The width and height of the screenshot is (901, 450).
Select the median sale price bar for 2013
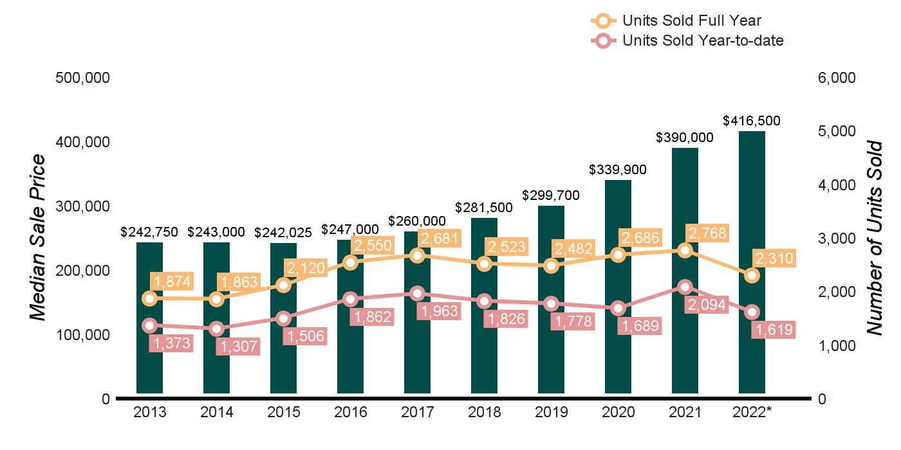[x=149, y=360]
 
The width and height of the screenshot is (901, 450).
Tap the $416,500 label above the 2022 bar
[x=752, y=121]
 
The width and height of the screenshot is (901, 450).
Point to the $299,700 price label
[x=551, y=195]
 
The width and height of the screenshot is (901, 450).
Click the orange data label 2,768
[x=706, y=233]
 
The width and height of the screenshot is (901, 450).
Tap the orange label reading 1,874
[x=171, y=282]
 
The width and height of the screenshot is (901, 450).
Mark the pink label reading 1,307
[x=237, y=346]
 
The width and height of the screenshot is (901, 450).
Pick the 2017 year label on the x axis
[x=417, y=412]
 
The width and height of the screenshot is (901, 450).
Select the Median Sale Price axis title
[x=39, y=238]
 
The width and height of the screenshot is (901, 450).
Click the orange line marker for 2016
[x=350, y=262]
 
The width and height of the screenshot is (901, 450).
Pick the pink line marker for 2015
[x=283, y=318]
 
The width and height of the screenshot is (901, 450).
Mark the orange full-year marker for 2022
[x=752, y=275]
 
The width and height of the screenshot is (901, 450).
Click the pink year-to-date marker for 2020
[x=618, y=309]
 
